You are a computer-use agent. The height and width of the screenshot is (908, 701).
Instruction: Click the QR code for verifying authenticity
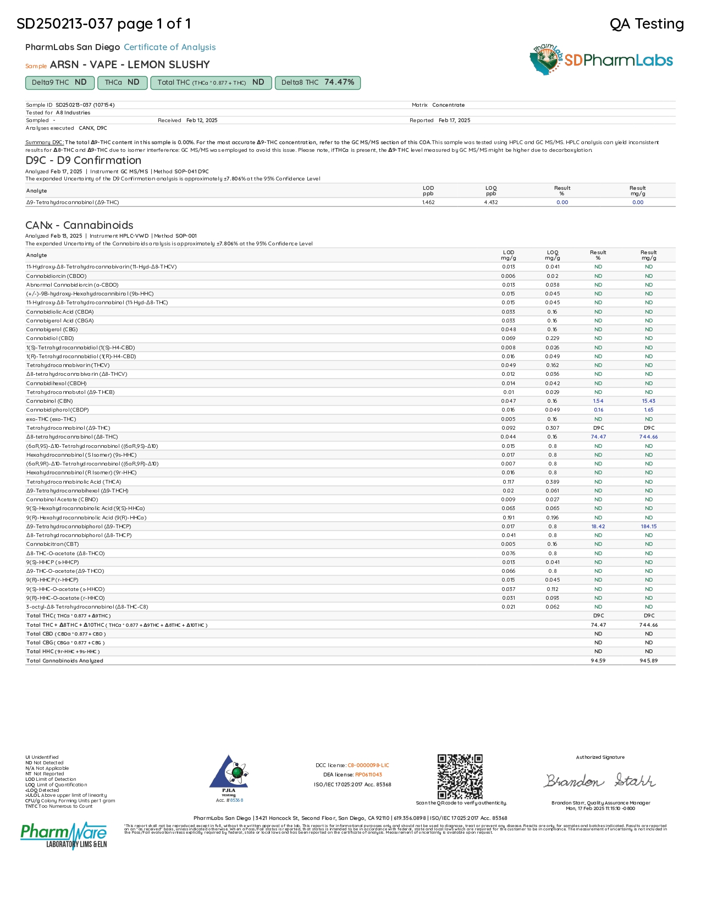click(x=460, y=776)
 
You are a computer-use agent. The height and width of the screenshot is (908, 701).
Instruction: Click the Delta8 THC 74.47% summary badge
click(x=317, y=83)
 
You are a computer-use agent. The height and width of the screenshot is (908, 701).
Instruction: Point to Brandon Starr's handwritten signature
click(x=599, y=781)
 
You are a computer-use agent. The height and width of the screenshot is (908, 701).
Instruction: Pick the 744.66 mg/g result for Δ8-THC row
click(x=649, y=437)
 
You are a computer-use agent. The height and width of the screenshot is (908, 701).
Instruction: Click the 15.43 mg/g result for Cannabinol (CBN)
click(x=649, y=401)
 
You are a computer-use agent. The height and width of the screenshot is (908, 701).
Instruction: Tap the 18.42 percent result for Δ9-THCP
click(x=598, y=527)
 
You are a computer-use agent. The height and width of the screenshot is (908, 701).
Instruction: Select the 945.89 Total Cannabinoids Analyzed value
click(x=649, y=660)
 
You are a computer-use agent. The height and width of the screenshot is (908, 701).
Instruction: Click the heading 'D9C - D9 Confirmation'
click(x=84, y=161)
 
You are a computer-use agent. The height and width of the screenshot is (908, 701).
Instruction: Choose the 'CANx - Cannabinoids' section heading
click(x=80, y=225)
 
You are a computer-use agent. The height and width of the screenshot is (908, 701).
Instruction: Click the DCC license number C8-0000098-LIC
click(x=368, y=765)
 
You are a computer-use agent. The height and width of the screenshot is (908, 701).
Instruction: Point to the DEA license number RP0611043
click(x=368, y=775)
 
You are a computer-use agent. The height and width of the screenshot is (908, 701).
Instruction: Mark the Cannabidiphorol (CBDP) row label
click(x=58, y=410)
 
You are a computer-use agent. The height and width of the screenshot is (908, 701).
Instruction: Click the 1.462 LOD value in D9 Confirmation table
click(x=428, y=203)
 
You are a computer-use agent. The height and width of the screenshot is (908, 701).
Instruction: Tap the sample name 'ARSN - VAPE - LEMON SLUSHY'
click(x=130, y=65)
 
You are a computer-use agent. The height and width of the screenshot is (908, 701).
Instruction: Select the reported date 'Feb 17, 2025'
click(x=455, y=121)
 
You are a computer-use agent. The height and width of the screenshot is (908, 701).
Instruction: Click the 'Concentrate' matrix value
click(x=449, y=105)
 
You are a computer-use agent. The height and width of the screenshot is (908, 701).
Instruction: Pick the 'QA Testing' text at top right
click(x=647, y=24)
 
